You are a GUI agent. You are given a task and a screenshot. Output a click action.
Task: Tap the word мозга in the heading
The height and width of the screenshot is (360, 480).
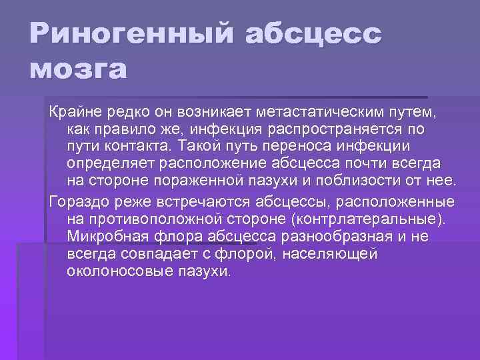pyautogui.click(x=77, y=69)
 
